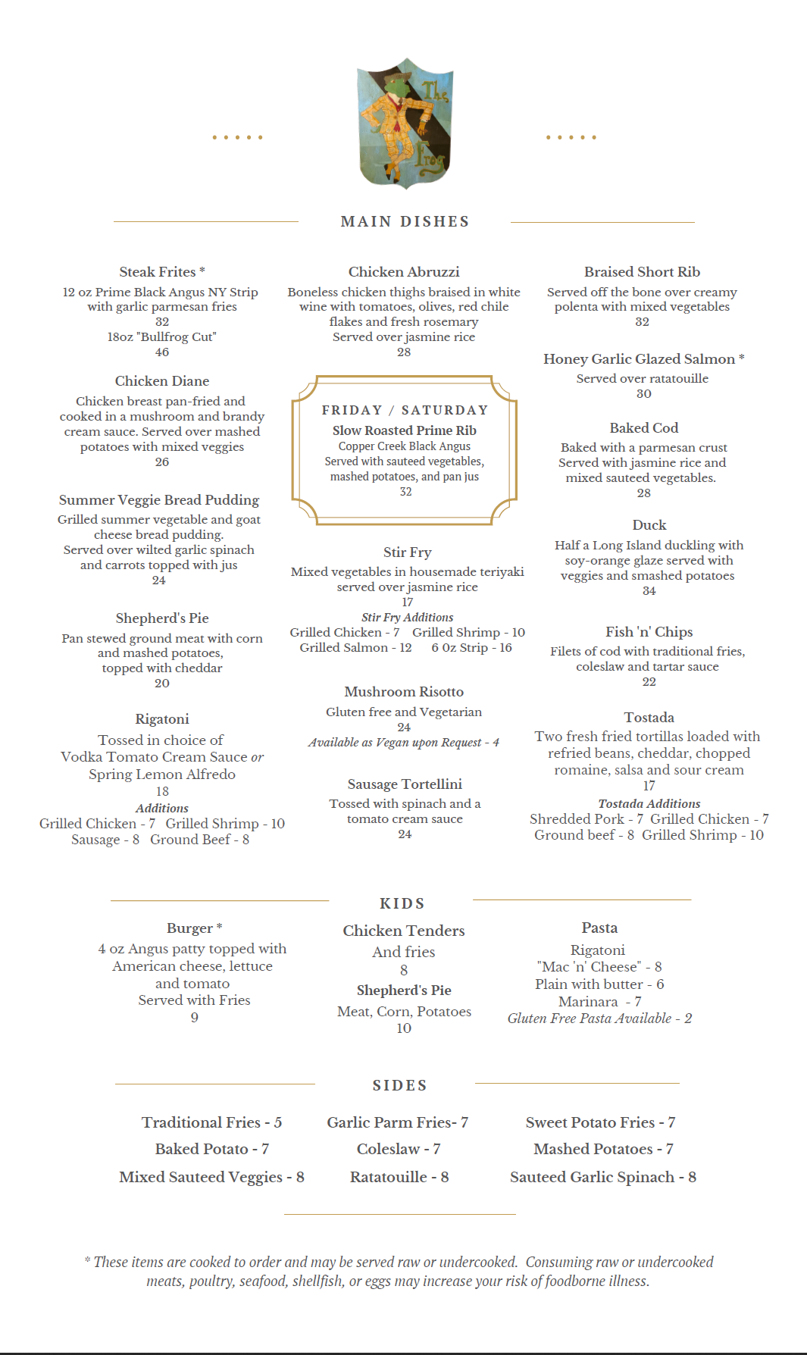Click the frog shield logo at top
point(405,124)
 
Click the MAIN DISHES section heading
point(405,221)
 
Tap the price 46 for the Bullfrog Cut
point(162,352)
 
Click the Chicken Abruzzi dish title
point(404,271)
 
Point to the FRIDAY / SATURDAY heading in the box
point(405,410)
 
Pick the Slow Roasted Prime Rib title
point(405,430)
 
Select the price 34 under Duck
point(649,591)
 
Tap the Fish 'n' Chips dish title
point(649,632)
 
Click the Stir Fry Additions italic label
point(407,618)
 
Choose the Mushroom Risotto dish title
point(404,692)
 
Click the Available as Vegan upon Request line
point(403,743)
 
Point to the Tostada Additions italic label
point(649,803)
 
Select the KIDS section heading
point(402,903)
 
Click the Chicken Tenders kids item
point(404,931)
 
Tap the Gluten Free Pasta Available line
point(599,1019)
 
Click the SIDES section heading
point(400,1085)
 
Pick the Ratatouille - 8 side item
point(399,1177)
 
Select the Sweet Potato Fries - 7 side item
point(600,1122)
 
